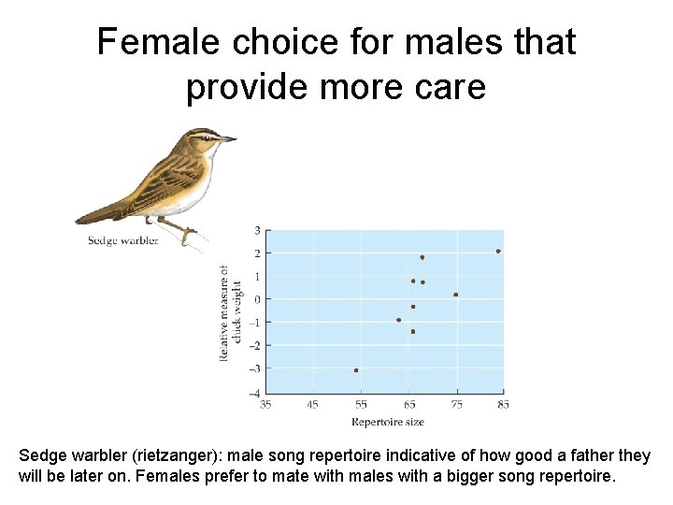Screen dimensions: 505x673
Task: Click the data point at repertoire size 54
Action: (356, 370)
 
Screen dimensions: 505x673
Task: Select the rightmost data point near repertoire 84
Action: (498, 251)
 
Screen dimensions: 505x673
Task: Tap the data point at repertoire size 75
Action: (455, 295)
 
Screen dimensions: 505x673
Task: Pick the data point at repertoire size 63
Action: (398, 320)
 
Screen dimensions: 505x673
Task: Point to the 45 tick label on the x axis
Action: (313, 405)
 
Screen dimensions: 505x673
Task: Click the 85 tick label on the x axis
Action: (503, 405)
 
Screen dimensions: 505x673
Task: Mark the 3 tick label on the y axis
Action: (257, 230)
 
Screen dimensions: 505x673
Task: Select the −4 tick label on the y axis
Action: (255, 392)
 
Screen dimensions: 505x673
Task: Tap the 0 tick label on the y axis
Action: (257, 299)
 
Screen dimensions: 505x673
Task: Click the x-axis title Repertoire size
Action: (387, 422)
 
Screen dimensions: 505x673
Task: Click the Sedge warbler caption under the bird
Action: (122, 240)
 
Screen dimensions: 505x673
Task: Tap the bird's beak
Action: (229, 139)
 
